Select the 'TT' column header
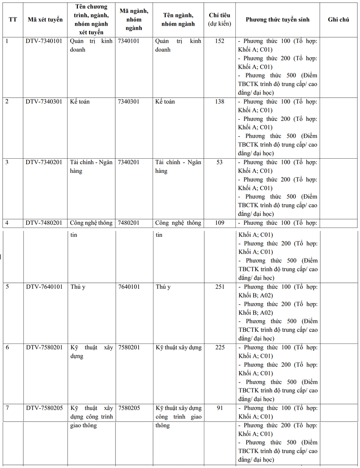coord(13,20)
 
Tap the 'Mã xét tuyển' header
coord(44,20)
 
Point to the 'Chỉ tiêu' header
coord(220,16)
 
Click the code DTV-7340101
coord(44,41)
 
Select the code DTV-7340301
coord(44,102)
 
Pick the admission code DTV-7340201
coord(44,162)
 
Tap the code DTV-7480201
coord(44,223)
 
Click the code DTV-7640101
coord(44,287)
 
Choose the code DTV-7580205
coord(44,408)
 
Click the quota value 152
coord(220,41)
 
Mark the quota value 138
coord(220,102)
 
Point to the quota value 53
coord(220,162)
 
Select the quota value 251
coord(220,287)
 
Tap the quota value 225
coord(220,348)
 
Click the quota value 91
coord(220,408)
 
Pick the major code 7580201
coord(129,348)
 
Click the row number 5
coord(7,287)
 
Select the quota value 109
coord(220,223)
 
